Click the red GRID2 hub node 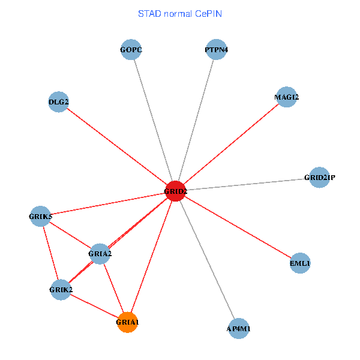point(175,191)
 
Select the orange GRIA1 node point(128,322)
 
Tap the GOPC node point(131,49)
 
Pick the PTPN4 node point(216,49)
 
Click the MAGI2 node point(287,97)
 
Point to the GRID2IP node point(319,177)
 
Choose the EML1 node point(299,263)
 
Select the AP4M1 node point(239,328)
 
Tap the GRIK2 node point(61,290)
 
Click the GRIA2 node point(100,254)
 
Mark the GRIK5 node point(41,216)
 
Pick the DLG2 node point(58,102)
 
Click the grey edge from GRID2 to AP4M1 point(207,260)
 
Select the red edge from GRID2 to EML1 point(238,227)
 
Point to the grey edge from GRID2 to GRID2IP point(247,184)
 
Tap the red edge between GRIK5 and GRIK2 point(51,253)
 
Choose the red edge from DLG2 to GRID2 point(117,146)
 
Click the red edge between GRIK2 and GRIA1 point(94,306)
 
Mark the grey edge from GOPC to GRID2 point(153,120)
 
